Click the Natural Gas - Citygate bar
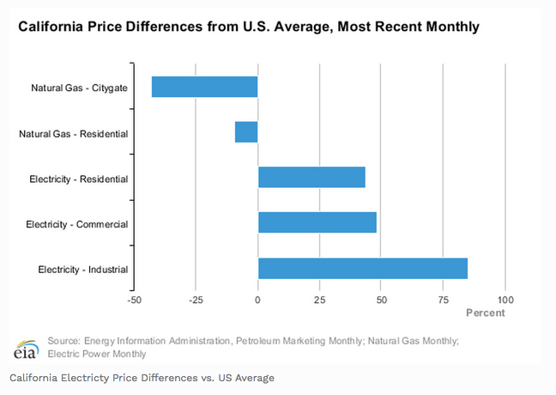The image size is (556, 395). tap(204, 87)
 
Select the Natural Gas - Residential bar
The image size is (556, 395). tap(246, 132)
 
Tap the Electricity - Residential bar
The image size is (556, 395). tap(311, 178)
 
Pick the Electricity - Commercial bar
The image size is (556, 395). tap(317, 223)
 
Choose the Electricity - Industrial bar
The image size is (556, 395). tap(363, 269)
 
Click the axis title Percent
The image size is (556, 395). tap(486, 313)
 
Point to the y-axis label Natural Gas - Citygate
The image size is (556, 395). tap(76, 87)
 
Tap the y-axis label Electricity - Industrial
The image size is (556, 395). tap(82, 270)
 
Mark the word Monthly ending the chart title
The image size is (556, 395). tap(454, 27)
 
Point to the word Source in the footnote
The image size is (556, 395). tap(64, 341)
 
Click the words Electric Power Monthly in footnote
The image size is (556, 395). tap(97, 354)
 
